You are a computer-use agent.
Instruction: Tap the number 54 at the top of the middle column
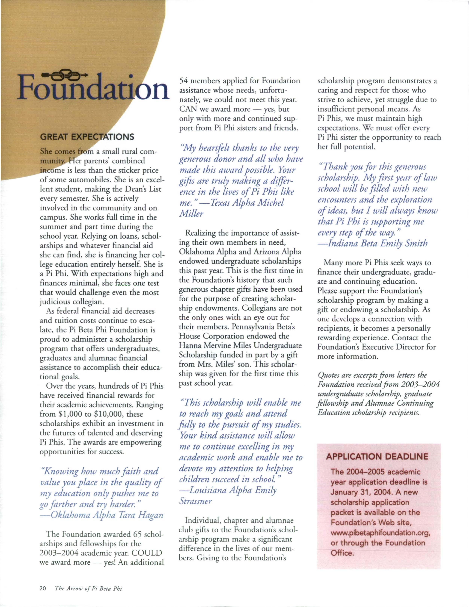(x=184, y=81)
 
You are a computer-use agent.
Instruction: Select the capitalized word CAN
(x=188, y=109)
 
